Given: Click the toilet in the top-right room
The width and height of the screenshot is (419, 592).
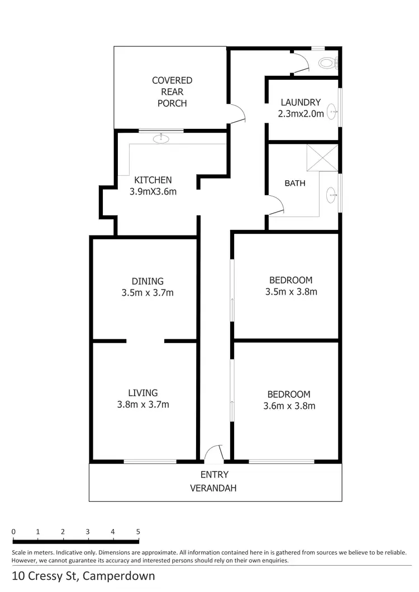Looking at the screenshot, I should click(x=328, y=62).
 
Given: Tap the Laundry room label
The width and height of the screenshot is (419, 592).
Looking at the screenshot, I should click(x=301, y=102).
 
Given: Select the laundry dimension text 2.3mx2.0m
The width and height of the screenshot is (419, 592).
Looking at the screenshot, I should click(x=301, y=114).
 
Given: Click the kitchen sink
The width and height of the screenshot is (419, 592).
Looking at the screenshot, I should click(x=162, y=138).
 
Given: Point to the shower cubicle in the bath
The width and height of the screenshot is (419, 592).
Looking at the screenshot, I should click(x=322, y=158).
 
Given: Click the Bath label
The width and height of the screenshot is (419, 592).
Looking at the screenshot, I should click(x=295, y=182).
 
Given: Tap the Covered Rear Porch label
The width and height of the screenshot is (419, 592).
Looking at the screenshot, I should click(x=172, y=92).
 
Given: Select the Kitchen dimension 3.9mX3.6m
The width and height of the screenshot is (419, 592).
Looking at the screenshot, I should click(x=153, y=191).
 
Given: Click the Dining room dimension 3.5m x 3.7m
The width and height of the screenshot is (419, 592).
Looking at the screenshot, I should click(x=148, y=292).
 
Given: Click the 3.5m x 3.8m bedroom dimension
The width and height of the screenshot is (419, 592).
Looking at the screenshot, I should click(x=291, y=291).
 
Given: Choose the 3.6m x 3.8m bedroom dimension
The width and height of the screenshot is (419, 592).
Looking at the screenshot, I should click(x=289, y=406).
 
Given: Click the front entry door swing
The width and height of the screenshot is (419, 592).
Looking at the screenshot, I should click(x=214, y=454).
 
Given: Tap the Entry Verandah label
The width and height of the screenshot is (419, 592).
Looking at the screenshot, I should click(x=214, y=482).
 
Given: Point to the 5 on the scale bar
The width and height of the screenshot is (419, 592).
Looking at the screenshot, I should click(x=137, y=532).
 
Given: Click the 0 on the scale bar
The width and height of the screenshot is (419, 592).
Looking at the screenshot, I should click(x=13, y=532).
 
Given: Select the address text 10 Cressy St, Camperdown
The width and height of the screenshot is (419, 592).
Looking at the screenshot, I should click(x=83, y=576).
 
